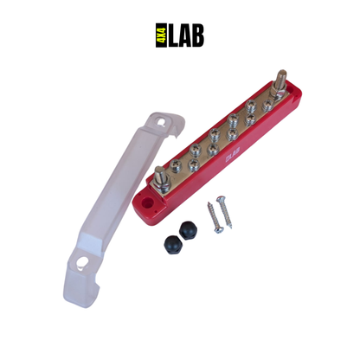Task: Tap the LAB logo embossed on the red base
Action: pyautogui.click(x=229, y=159)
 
